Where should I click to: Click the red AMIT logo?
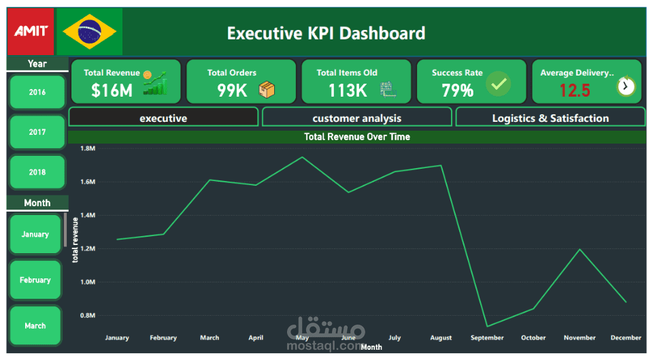point(31,31)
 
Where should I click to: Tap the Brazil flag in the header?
point(89,31)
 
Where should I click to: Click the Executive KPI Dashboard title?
point(326,33)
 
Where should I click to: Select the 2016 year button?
point(37,92)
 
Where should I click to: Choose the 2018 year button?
point(37,172)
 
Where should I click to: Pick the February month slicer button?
point(35,280)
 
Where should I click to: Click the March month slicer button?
point(35,325)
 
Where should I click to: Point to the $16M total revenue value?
point(112,90)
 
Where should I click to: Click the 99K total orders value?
point(232,90)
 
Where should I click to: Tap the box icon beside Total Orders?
point(267,89)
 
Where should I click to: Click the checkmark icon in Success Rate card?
point(499,84)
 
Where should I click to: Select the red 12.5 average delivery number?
point(575,90)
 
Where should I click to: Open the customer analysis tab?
point(356,118)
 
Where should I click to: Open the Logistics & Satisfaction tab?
point(550,118)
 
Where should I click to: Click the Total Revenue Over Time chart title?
point(356,137)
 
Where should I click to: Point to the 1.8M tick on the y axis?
point(87,148)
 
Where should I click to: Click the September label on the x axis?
point(487,338)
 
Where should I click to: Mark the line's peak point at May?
point(302,157)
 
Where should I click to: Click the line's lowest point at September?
point(488,326)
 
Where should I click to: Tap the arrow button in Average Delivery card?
point(626,86)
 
